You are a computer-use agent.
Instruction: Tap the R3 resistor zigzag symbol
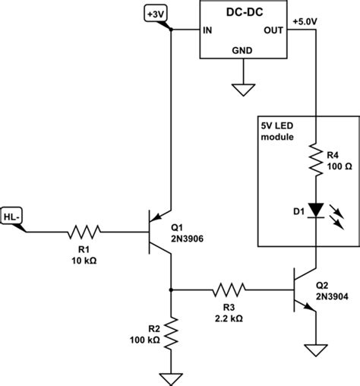coord(228,289)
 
